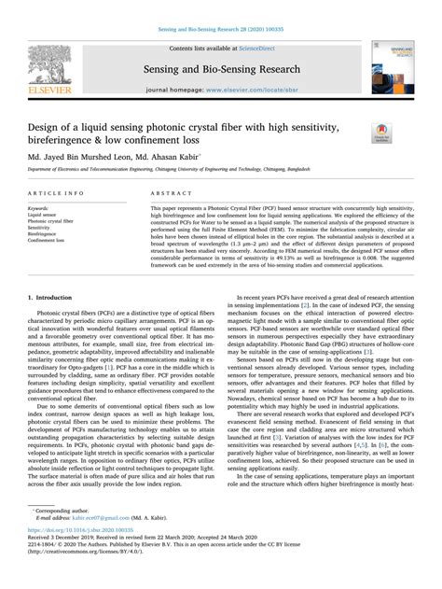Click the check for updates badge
click(381, 133)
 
